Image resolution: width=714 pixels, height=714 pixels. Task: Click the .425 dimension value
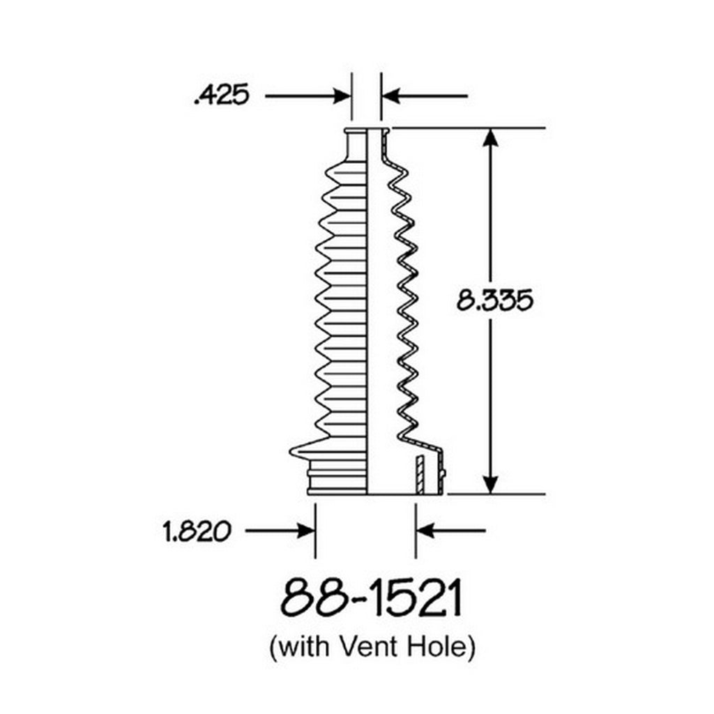coord(222,96)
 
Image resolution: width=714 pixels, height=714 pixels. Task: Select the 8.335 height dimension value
coord(494,301)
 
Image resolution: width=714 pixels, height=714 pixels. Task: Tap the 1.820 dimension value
coord(197,531)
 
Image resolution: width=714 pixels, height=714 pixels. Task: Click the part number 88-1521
coord(372,598)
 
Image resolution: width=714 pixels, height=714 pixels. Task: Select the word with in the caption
coord(304,646)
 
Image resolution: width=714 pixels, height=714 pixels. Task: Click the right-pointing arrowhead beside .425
coord(342,96)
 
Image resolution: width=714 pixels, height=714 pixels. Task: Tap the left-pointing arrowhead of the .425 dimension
coord(390,96)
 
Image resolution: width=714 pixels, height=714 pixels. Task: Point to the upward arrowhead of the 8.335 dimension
coord(490,137)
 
